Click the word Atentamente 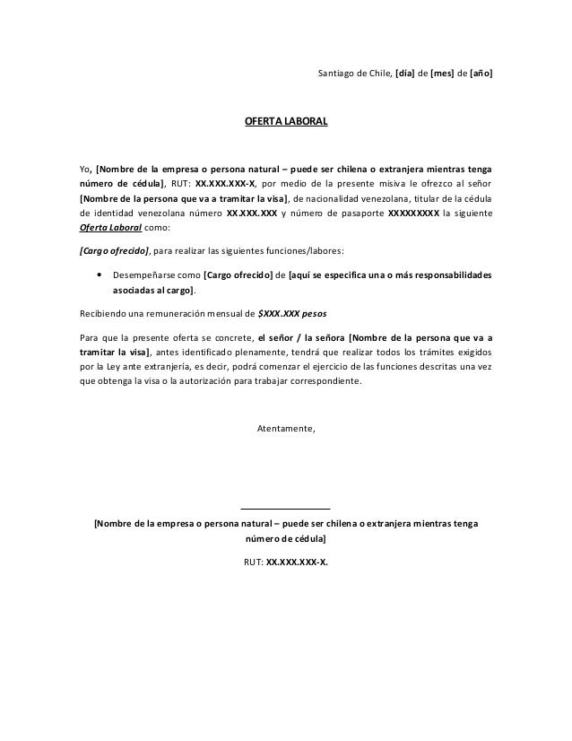tap(286, 428)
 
